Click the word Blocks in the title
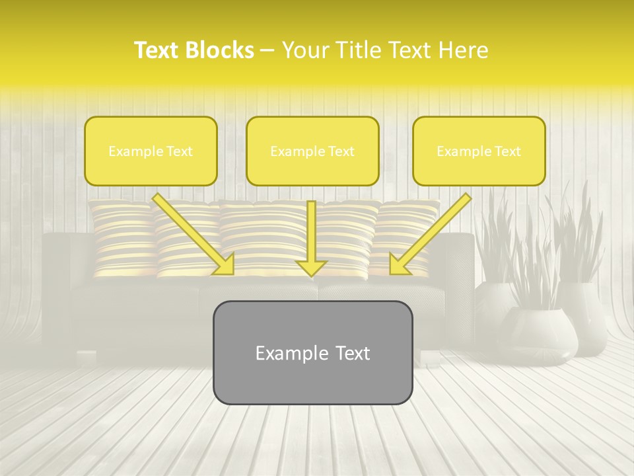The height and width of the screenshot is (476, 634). point(221,50)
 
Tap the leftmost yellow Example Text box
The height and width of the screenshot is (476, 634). point(151,151)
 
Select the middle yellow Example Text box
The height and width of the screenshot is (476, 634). point(312,151)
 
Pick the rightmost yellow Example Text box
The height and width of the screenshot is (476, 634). point(479,151)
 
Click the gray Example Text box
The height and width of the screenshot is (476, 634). point(312,352)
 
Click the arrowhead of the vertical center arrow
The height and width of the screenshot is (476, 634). point(311,268)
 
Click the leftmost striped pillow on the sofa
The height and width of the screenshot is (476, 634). point(122,238)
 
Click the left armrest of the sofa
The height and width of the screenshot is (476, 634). point(58,291)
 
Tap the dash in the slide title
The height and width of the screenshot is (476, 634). point(267,50)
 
